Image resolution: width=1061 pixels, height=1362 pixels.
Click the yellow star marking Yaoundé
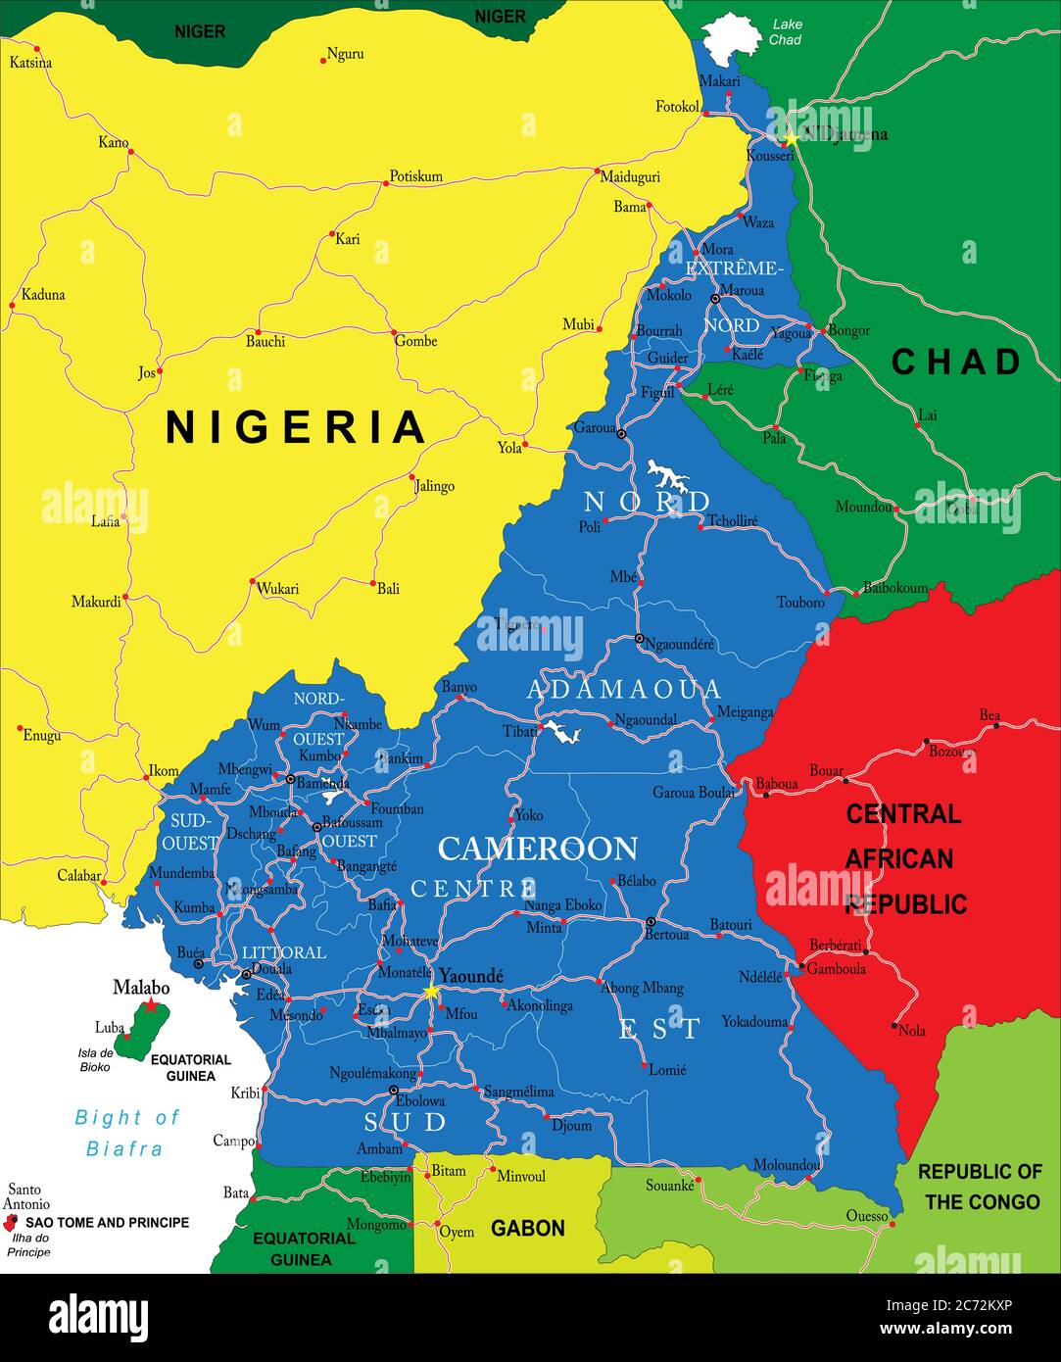(x=430, y=992)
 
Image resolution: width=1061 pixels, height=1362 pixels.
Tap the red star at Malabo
(x=151, y=1006)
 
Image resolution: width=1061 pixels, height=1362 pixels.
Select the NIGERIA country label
(x=295, y=427)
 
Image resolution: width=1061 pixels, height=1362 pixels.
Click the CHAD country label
(x=956, y=362)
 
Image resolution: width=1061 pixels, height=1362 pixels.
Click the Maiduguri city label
(x=630, y=177)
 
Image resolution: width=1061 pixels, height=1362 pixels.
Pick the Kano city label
(x=113, y=143)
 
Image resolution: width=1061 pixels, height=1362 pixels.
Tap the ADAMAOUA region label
(x=624, y=689)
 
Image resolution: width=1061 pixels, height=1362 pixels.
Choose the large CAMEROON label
(x=537, y=848)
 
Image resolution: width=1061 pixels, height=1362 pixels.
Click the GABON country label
(x=527, y=1228)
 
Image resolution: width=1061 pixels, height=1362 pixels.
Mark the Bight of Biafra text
(x=126, y=1132)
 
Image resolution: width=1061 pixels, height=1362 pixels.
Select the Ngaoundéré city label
(x=680, y=644)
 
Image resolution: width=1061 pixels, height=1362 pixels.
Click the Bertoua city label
(x=666, y=934)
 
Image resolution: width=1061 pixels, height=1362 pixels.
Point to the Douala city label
(x=271, y=969)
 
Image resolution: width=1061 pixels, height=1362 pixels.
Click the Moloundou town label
(x=786, y=1165)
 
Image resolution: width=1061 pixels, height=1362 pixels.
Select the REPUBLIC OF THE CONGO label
(x=980, y=1186)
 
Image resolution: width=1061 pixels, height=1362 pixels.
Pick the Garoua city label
(x=594, y=428)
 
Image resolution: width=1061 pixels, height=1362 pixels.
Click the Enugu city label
(x=41, y=735)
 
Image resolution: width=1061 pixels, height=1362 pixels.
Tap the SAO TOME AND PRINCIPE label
(x=107, y=1222)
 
